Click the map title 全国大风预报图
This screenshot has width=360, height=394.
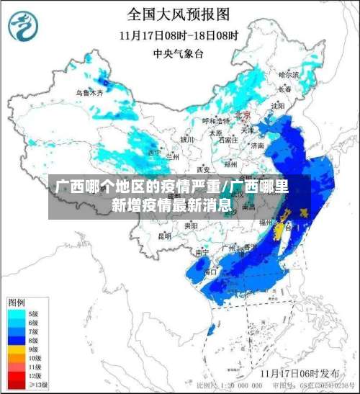[x=179, y=14]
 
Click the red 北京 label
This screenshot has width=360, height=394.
[x=242, y=115]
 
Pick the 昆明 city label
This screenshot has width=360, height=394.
[x=165, y=236]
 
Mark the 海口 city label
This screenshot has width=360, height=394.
[x=211, y=272]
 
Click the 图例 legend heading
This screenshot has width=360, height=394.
[x=17, y=301]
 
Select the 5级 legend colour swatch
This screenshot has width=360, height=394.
[x=16, y=314]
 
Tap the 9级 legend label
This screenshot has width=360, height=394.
[x=33, y=349]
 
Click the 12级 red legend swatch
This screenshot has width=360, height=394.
[x=16, y=375]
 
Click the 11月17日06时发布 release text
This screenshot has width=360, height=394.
[x=300, y=373]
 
